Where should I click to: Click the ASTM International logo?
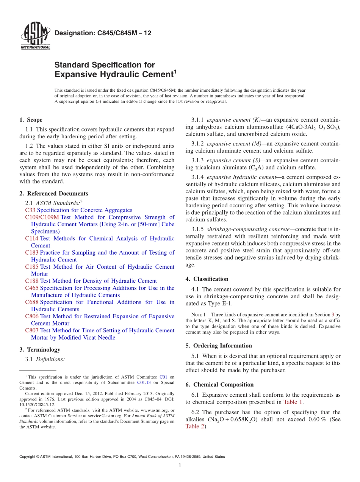(35, 36)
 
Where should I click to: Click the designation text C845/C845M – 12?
(103, 33)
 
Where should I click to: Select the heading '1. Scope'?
(31, 120)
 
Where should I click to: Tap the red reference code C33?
(30, 210)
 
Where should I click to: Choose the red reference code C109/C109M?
(42, 217)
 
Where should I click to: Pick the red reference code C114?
(31, 238)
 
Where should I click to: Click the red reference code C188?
(31, 281)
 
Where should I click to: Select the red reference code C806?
(31, 316)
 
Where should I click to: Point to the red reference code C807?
(31, 330)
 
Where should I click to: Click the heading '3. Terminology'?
(39, 349)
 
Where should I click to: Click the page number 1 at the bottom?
(180, 465)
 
